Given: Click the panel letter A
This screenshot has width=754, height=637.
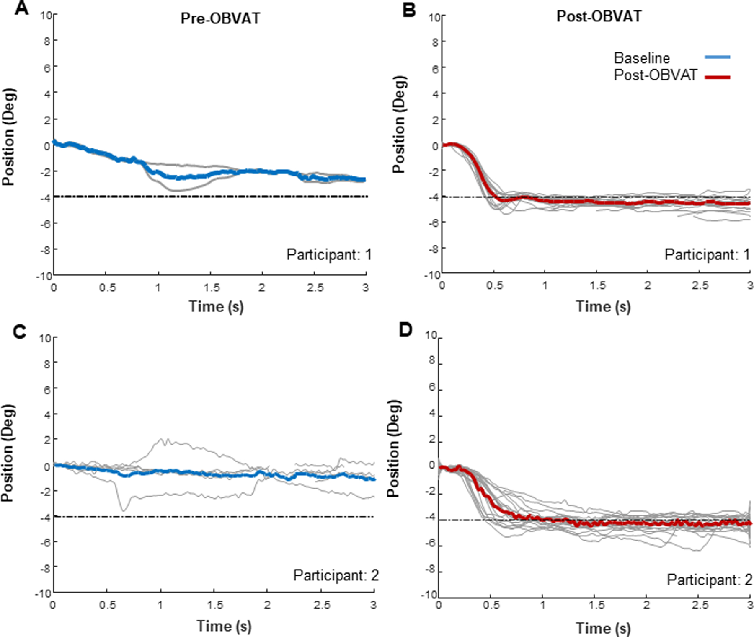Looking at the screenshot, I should [x=22, y=8].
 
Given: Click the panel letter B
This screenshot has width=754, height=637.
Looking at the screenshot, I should [x=409, y=10].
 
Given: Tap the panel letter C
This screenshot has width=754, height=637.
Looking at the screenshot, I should [x=20, y=331].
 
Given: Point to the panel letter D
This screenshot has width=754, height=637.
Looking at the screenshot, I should [x=405, y=330].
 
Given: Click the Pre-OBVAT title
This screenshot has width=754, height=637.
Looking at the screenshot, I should [x=220, y=19].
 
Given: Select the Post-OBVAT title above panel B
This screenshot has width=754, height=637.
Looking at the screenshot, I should [x=599, y=16].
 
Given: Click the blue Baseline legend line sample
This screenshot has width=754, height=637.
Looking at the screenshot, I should [x=717, y=57].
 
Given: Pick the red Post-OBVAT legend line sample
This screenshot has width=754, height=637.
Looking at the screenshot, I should [x=717, y=77].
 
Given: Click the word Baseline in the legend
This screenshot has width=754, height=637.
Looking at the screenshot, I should [x=642, y=58].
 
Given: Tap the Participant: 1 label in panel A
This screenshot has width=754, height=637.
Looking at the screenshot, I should [x=329, y=254].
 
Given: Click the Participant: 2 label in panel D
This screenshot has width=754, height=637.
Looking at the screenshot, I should [x=709, y=580].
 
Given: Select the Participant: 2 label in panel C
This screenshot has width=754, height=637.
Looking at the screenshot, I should [x=336, y=575].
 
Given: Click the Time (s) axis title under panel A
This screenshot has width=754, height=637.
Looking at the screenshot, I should [x=216, y=306].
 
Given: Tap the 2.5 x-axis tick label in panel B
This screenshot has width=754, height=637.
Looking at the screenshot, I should [x=700, y=286].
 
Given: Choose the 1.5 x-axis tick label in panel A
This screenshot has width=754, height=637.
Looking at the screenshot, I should [x=212, y=288].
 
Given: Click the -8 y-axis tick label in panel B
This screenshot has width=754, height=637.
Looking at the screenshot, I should [x=434, y=249].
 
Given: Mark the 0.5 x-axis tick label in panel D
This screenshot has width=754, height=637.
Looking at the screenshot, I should [x=491, y=605].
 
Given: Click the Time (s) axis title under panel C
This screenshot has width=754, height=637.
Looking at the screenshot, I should [x=224, y=626].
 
